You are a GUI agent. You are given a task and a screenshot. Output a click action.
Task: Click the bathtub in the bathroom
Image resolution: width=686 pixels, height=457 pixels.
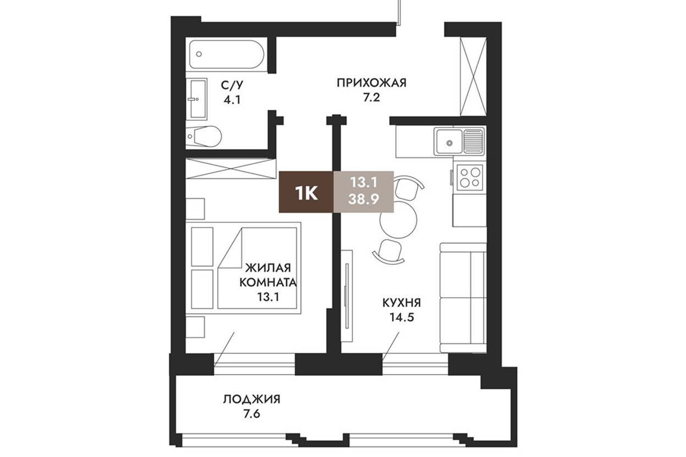pos(226,55)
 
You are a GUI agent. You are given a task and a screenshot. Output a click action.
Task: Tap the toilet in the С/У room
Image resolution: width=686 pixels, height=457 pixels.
pos(204,136)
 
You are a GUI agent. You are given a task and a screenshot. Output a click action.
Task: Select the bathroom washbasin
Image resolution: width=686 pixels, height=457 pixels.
pos(197,99)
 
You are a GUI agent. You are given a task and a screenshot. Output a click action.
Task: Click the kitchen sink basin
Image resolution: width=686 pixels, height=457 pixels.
pos(449,142)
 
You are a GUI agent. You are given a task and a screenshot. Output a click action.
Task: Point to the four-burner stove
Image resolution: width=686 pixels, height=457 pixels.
pos(469,178)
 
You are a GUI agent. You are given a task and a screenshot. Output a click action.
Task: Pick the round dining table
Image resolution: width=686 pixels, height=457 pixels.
pos(398,220)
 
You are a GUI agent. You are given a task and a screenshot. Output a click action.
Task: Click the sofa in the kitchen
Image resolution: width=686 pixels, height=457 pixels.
pos(463,298)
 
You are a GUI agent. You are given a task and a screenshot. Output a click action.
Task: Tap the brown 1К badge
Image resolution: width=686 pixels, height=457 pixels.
pos(306,192)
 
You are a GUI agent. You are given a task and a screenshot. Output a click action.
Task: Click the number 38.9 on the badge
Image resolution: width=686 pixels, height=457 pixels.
pos(363,199)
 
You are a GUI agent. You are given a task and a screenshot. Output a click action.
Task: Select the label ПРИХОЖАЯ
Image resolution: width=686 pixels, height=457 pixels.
pos(372,83)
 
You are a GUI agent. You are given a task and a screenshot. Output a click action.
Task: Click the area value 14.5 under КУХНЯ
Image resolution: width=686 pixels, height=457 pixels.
pos(401,317)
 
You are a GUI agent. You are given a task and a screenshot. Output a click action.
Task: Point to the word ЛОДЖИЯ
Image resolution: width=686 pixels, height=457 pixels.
pos(251,399)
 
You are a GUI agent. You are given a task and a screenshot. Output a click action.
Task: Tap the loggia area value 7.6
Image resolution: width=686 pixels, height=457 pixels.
pos(251,414)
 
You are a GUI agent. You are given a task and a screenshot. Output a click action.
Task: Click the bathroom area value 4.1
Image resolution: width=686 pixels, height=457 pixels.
pos(232,100)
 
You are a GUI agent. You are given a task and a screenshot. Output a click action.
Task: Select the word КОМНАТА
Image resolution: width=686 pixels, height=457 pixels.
pos(268,282)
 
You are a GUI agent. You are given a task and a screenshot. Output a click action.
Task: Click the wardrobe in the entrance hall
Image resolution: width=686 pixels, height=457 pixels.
pos(473,76)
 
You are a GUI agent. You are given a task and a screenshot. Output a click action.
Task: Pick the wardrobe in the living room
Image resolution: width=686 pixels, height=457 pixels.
pos(231,168)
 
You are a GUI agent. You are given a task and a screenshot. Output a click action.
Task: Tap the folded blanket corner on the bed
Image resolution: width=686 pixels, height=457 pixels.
pos(230,247)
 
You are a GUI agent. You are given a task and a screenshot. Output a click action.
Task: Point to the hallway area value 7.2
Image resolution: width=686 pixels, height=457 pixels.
pos(372,98)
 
